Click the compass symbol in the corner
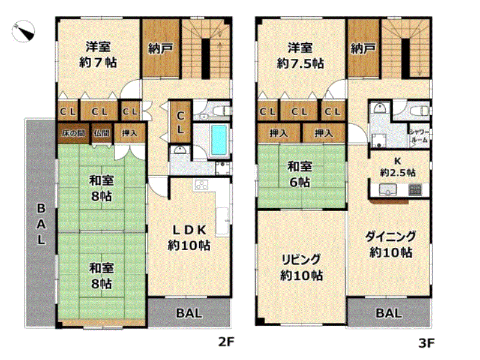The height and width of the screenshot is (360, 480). (23, 31)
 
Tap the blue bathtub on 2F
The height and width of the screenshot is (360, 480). (219, 140)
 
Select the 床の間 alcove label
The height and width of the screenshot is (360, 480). (73, 133)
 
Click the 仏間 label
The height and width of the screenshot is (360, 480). (101, 133)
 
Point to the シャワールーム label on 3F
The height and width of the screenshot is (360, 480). (419, 136)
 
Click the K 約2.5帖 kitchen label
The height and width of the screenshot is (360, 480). (398, 167)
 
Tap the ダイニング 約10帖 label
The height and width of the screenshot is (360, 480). (391, 244)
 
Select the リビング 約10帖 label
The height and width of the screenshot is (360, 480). (302, 267)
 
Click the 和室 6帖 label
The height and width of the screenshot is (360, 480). (299, 175)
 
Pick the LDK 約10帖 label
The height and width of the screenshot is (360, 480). (189, 238)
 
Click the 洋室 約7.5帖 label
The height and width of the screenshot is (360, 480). (301, 56)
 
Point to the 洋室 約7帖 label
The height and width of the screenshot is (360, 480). (98, 55)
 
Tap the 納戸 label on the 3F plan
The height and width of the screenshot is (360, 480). (363, 48)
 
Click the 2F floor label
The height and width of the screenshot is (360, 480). (227, 341)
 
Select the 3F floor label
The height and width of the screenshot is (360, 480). (427, 343)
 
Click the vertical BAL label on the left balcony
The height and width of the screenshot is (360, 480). (41, 224)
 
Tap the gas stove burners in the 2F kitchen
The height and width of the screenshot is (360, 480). (202, 185)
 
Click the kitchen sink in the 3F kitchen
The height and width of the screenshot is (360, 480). (388, 190)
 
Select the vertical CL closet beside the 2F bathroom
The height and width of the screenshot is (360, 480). (181, 122)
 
